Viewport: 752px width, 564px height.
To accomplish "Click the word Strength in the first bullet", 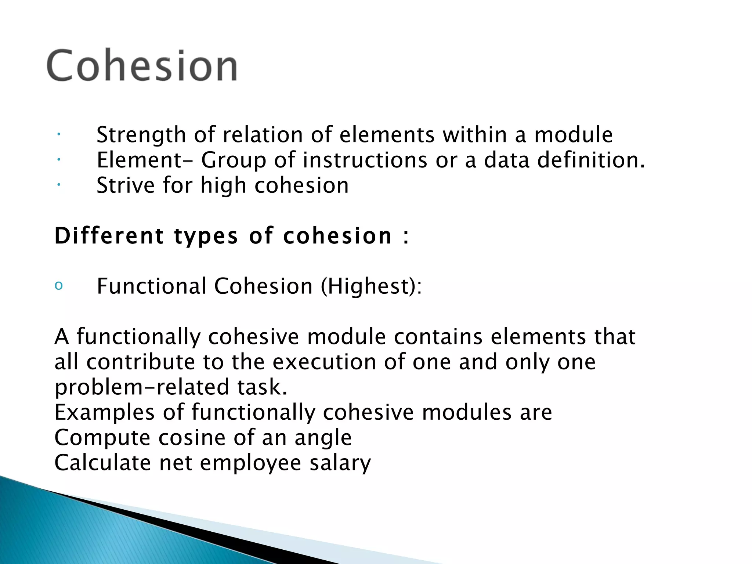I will [x=141, y=135].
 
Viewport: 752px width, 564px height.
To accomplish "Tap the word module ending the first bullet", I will [x=573, y=135].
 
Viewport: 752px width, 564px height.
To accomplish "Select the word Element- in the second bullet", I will [x=144, y=160].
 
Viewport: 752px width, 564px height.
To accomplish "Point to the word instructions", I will [x=365, y=160].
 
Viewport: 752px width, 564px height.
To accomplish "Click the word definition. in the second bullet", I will [x=591, y=160].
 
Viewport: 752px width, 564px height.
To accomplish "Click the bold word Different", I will [x=109, y=236].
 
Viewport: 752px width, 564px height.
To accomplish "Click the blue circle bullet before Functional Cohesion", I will [x=59, y=286].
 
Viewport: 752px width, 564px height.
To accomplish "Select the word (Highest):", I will [x=371, y=286].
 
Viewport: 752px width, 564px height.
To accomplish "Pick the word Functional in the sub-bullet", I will [x=151, y=286].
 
